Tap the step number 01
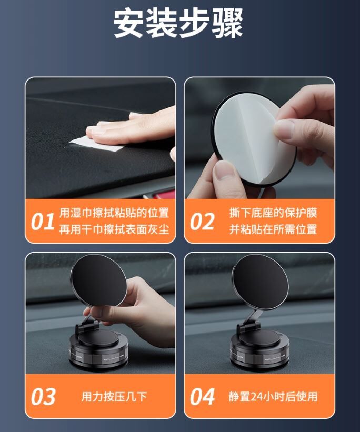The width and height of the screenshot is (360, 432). click(43, 221)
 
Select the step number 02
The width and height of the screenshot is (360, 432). click(202, 221)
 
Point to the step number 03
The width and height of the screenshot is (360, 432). click(43, 397)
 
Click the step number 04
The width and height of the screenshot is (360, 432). click(202, 397)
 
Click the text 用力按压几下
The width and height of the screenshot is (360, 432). click(114, 397)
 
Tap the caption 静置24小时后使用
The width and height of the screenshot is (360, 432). click(273, 397)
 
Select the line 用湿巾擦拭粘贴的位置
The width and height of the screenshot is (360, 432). click(114, 213)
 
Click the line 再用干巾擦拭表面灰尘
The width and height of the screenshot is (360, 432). click(114, 229)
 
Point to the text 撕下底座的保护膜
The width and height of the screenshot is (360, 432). click(273, 213)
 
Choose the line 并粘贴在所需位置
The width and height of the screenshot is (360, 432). click(273, 229)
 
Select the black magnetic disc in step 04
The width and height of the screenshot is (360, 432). click(260, 282)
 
